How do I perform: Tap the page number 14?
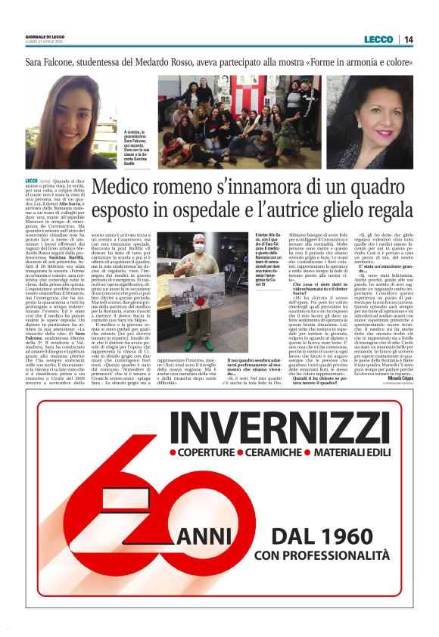(408, 39)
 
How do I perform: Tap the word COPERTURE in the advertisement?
(209, 454)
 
